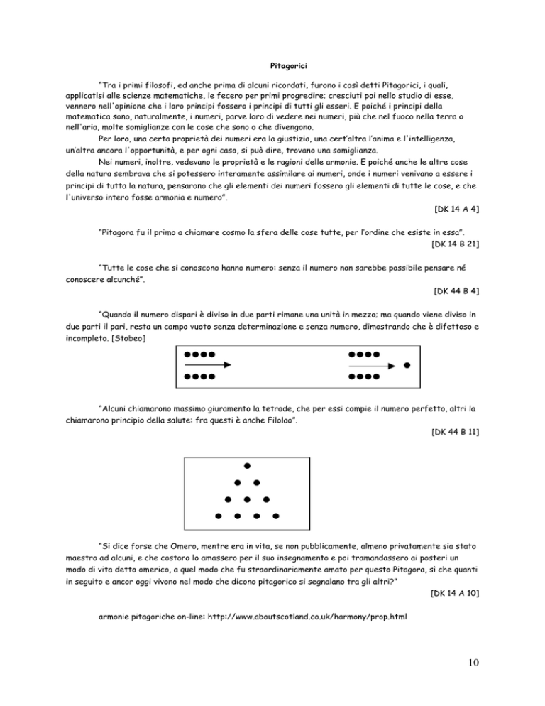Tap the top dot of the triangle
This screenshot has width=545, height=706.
click(247, 466)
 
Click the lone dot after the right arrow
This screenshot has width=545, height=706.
click(407, 366)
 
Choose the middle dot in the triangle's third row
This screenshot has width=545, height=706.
click(246, 499)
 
